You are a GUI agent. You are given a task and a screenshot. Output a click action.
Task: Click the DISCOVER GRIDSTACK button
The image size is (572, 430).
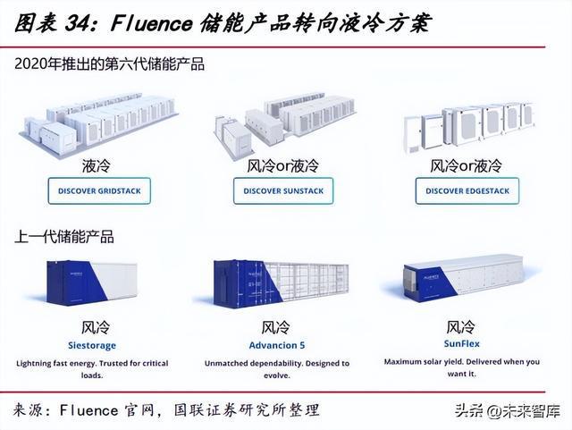100,191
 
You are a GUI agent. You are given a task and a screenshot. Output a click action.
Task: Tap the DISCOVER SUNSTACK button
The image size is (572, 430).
283,191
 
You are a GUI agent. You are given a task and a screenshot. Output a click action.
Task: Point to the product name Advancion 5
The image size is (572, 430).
275,345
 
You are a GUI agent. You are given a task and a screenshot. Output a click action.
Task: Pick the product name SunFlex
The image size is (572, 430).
462,343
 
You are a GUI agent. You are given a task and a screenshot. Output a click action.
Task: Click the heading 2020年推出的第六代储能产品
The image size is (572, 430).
109,64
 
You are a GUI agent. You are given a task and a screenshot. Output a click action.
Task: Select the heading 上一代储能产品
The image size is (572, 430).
63,238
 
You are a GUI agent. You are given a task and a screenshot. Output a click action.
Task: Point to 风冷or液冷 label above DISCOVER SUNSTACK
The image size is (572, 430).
282,166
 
